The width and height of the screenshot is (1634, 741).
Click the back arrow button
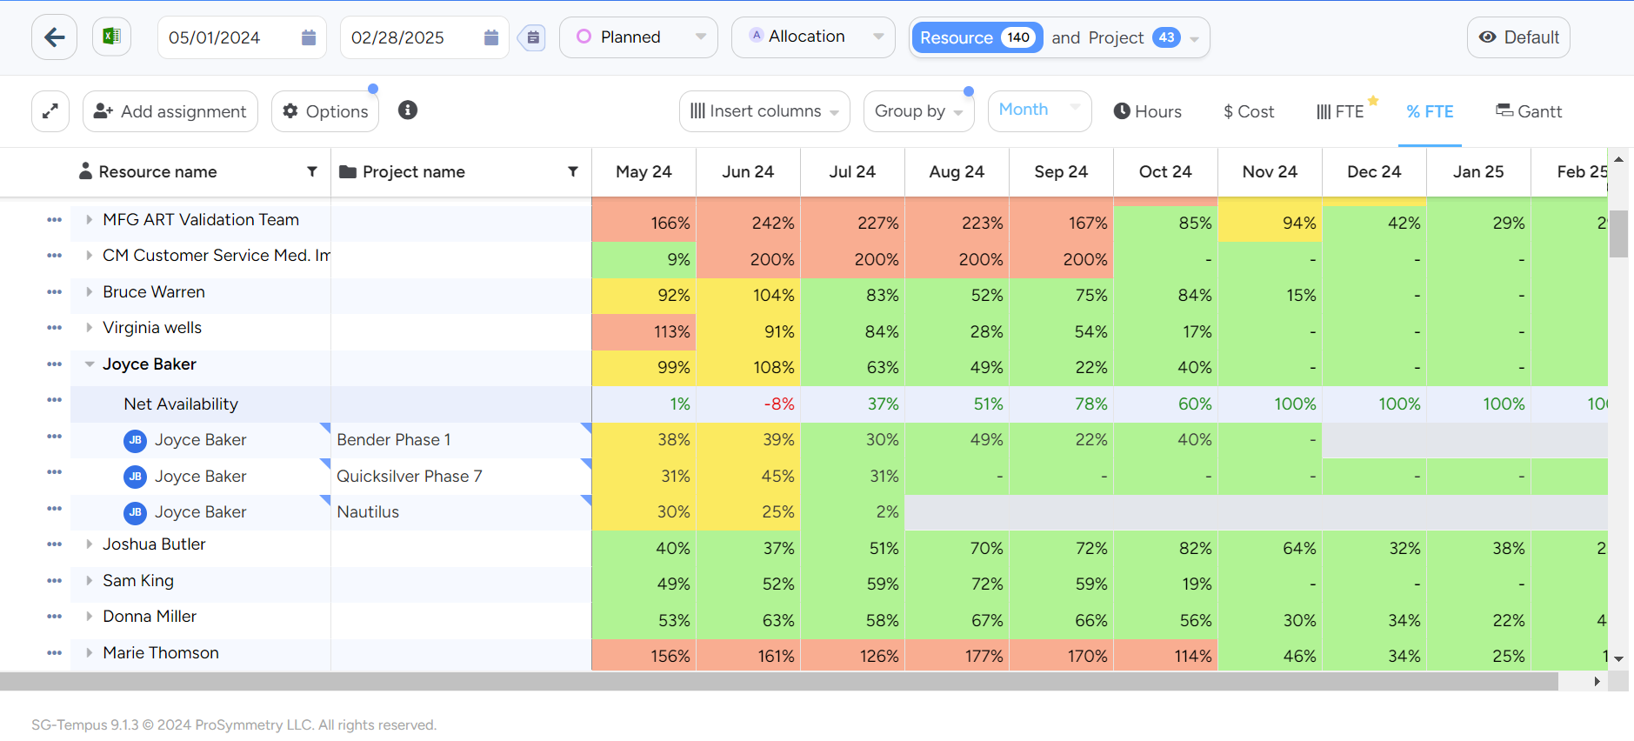(54, 37)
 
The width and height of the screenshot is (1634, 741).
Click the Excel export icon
(111, 37)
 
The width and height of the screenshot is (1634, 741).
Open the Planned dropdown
(638, 37)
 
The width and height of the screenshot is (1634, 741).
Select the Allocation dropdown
(812, 37)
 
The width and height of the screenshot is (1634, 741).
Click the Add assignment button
(170, 111)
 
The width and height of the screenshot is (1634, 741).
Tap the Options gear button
(325, 111)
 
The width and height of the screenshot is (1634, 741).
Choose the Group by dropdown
(918, 111)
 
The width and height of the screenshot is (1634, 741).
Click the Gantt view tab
(1528, 111)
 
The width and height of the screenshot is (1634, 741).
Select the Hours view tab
(1147, 111)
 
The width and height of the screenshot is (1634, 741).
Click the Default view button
(1518, 37)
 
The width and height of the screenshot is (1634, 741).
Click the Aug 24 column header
(957, 172)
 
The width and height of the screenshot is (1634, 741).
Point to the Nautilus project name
(368, 512)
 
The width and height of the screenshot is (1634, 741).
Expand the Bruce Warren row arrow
(89, 292)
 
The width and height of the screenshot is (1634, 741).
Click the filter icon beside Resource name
(312, 172)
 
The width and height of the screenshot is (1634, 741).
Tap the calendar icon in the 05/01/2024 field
(308, 37)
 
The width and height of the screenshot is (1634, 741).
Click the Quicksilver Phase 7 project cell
(410, 477)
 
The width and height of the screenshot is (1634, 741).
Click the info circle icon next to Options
(408, 110)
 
